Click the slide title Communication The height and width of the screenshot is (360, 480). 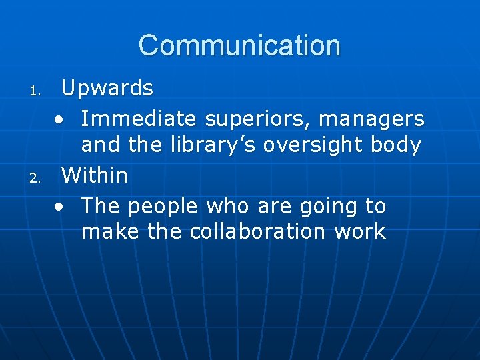point(239,46)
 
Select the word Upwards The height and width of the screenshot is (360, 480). point(107,87)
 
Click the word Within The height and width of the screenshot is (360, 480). point(94,175)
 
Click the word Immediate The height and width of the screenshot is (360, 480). point(139,119)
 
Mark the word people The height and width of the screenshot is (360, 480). point(163,207)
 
